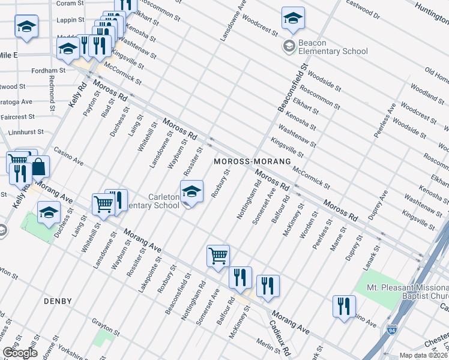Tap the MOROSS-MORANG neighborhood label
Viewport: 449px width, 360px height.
click(x=253, y=162)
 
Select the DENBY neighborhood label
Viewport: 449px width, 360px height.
click(x=58, y=301)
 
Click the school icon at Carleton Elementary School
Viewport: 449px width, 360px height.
click(x=192, y=192)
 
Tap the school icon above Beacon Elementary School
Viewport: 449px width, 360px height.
click(x=293, y=19)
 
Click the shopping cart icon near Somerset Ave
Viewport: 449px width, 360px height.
click(x=218, y=256)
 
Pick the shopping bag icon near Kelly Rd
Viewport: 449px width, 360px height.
click(x=38, y=167)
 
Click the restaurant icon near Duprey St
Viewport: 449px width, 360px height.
click(x=344, y=306)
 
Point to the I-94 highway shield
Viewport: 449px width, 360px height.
click(x=391, y=330)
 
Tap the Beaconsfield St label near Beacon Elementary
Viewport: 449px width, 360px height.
click(x=292, y=88)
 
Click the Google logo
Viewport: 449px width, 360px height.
click(x=20, y=353)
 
